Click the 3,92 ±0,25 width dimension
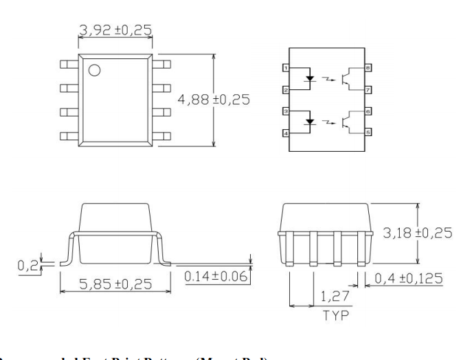click(x=115, y=30)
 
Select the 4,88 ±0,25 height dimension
click(x=214, y=100)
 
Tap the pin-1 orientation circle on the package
click(x=94, y=69)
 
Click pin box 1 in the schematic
click(x=287, y=68)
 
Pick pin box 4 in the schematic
click(x=287, y=132)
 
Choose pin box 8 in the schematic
click(x=369, y=68)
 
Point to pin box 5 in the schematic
click(x=369, y=132)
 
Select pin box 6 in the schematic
click(x=369, y=111)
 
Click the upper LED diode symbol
click(x=310, y=78)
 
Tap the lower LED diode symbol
click(x=310, y=122)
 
